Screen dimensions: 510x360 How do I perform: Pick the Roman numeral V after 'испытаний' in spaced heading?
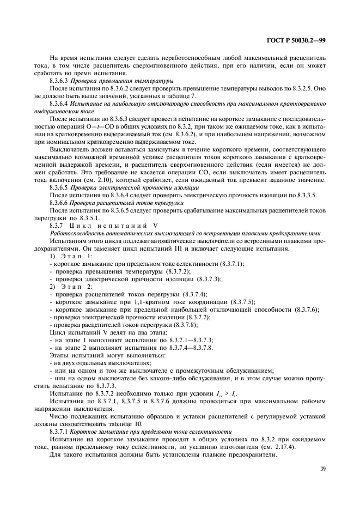(x=154, y=224)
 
